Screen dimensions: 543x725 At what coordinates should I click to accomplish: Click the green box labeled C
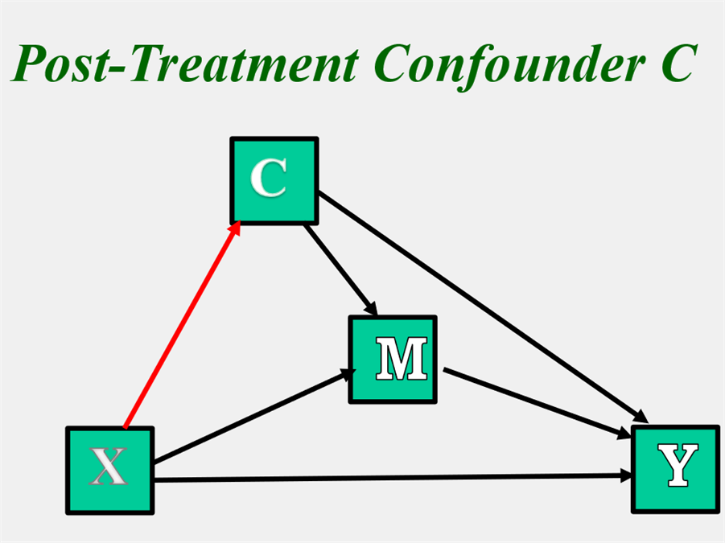(274, 180)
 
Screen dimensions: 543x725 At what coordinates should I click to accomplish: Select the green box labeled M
(392, 359)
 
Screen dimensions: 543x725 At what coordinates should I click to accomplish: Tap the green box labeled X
(109, 470)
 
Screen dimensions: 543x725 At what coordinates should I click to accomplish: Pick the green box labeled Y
(675, 468)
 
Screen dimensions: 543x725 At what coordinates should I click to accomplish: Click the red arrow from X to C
(181, 326)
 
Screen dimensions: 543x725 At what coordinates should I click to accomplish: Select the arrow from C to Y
(483, 306)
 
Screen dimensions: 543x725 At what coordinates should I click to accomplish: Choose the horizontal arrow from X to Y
(386, 479)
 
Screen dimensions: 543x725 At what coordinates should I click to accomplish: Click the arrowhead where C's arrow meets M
(371, 309)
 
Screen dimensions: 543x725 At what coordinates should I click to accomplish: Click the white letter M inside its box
(401, 360)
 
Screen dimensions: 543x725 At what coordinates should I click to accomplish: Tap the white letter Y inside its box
(677, 467)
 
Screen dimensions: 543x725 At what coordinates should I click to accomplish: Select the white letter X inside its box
(108, 467)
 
